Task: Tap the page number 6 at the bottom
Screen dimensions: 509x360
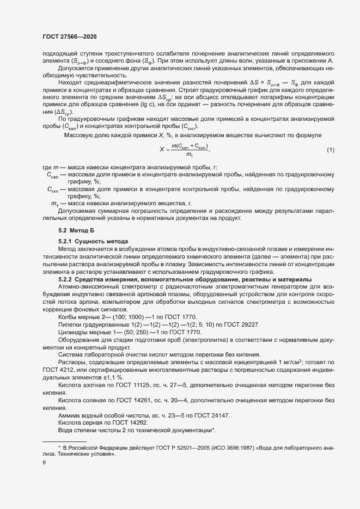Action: click(x=44, y=463)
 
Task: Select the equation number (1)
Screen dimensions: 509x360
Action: click(x=330, y=150)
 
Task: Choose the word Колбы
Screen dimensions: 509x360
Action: click(x=69, y=317)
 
